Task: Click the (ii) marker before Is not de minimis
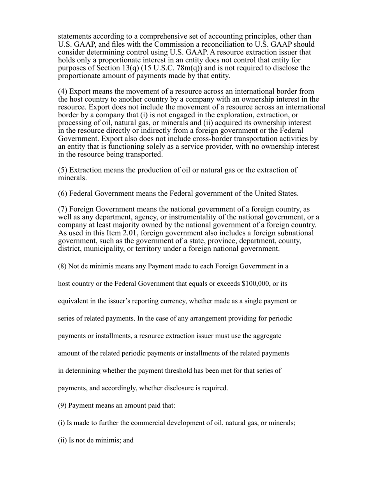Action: pos(62,440)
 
